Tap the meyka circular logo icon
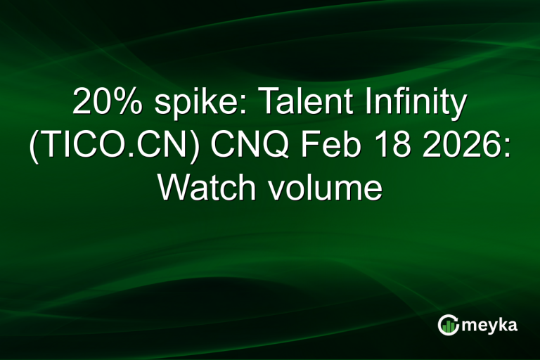point(449,325)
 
